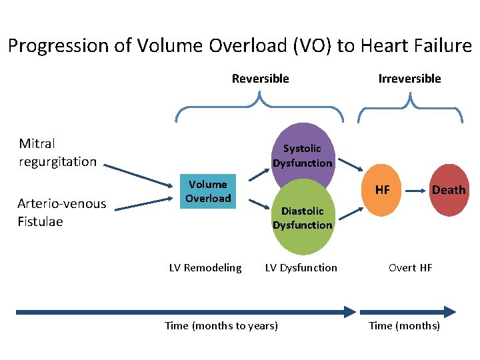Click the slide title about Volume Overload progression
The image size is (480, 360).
239,46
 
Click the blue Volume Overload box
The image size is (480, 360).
208,191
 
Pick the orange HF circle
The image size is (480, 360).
382,190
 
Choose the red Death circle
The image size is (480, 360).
448,190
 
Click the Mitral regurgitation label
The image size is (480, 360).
57,153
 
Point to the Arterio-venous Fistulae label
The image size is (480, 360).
61,213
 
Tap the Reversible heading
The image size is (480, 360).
260,79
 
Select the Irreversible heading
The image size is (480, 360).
409,79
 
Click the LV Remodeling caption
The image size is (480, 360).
205,268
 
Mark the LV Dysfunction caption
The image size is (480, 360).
301,268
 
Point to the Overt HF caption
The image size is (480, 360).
411,268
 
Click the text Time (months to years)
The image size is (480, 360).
221,326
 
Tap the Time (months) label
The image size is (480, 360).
405,326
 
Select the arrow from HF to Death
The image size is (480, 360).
414,190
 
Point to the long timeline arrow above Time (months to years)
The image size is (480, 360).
187,311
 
